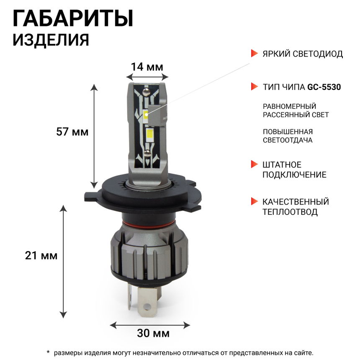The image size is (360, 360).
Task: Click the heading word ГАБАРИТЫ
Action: click(73, 19)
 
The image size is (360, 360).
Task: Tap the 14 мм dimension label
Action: click(147, 67)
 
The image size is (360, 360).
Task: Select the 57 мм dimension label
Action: click(72, 132)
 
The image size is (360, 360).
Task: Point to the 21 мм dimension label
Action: click(41, 255)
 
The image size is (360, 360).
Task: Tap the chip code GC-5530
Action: click(324, 87)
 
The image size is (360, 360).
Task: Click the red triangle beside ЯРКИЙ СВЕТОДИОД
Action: click(254, 54)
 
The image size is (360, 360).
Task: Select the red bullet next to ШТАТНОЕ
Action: click(254, 164)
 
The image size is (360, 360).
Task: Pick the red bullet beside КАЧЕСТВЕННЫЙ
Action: click(254, 202)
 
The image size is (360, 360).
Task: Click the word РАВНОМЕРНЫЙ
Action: click(289, 106)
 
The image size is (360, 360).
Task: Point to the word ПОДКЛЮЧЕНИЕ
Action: click(294, 175)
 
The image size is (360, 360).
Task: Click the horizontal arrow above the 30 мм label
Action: click(149, 324)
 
